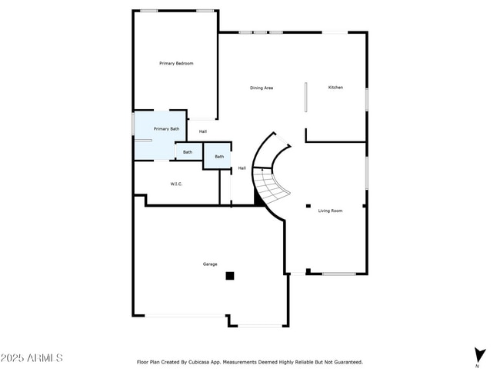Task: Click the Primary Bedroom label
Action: tap(176, 63)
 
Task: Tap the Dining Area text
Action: tap(262, 88)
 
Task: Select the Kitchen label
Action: tap(335, 88)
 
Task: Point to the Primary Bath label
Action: tap(166, 129)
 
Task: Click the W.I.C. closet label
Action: tap(176, 184)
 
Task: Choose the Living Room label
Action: tap(330, 210)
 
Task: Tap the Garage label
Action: tap(210, 264)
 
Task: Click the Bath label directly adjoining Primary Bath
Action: tap(188, 152)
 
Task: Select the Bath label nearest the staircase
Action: tap(219, 157)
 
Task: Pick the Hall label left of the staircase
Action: tap(242, 168)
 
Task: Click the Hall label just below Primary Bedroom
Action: tap(203, 131)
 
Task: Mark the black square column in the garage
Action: tap(229, 275)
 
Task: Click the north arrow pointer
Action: tap(480, 354)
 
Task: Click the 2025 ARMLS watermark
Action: tap(32, 358)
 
